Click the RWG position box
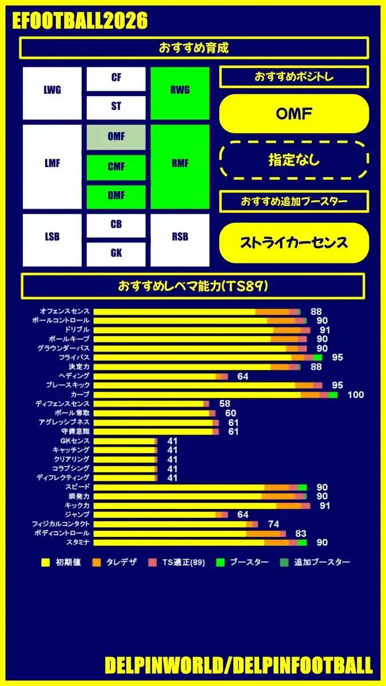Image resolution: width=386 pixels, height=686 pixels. [x=180, y=90]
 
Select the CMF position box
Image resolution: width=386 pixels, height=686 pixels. [x=116, y=167]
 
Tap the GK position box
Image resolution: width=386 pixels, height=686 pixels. [x=116, y=253]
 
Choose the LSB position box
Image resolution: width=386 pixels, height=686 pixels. [x=52, y=237]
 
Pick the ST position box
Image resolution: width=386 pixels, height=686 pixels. [x=116, y=107]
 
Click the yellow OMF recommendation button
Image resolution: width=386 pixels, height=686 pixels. [x=294, y=114]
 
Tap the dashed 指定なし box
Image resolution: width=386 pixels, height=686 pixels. [x=294, y=160]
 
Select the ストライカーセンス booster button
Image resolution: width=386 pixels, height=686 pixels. [x=294, y=242]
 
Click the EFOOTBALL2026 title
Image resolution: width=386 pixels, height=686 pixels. [x=79, y=21]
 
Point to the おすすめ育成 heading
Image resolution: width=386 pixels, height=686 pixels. [x=193, y=48]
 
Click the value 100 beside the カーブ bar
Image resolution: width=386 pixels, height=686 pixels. [x=355, y=394]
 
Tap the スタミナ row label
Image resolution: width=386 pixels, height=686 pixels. [x=78, y=542]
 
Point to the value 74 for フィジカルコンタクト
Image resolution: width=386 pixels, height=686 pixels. [x=273, y=524]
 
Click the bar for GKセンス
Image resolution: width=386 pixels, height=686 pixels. [x=125, y=441]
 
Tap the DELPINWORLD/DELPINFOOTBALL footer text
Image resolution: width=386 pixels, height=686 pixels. [x=238, y=665]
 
